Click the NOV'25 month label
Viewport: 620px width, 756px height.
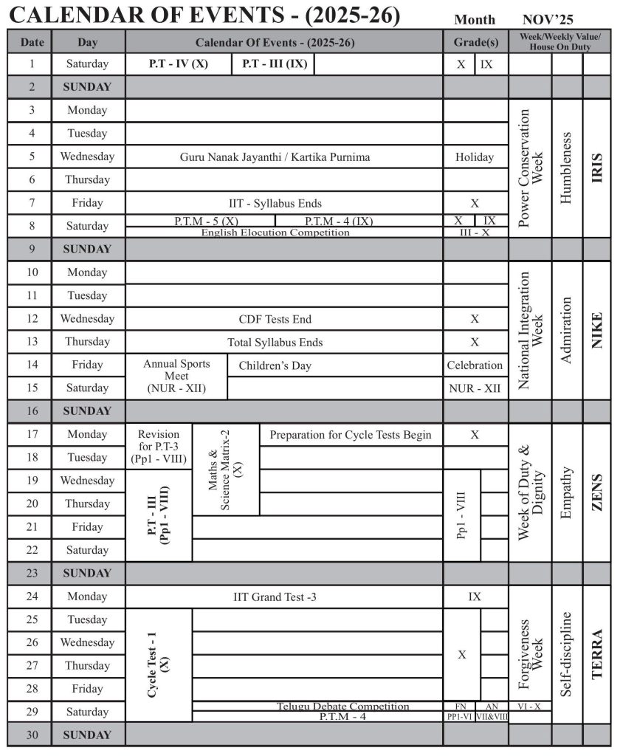pos(547,19)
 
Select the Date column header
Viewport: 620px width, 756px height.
pos(31,42)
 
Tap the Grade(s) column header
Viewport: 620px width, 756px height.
pos(475,42)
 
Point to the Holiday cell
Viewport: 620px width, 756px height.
pos(475,157)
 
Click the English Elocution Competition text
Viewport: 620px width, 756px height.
pos(275,233)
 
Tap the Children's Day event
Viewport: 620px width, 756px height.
pos(275,365)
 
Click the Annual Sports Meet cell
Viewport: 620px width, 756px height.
pos(176,376)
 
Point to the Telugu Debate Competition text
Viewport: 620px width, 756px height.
pos(343,707)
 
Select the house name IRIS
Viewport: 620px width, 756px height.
pos(597,168)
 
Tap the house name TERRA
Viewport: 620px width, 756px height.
pos(597,653)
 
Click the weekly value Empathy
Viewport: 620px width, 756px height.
pos(567,492)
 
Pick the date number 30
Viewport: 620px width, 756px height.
pos(31,735)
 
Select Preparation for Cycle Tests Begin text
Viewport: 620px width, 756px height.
pos(351,434)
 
